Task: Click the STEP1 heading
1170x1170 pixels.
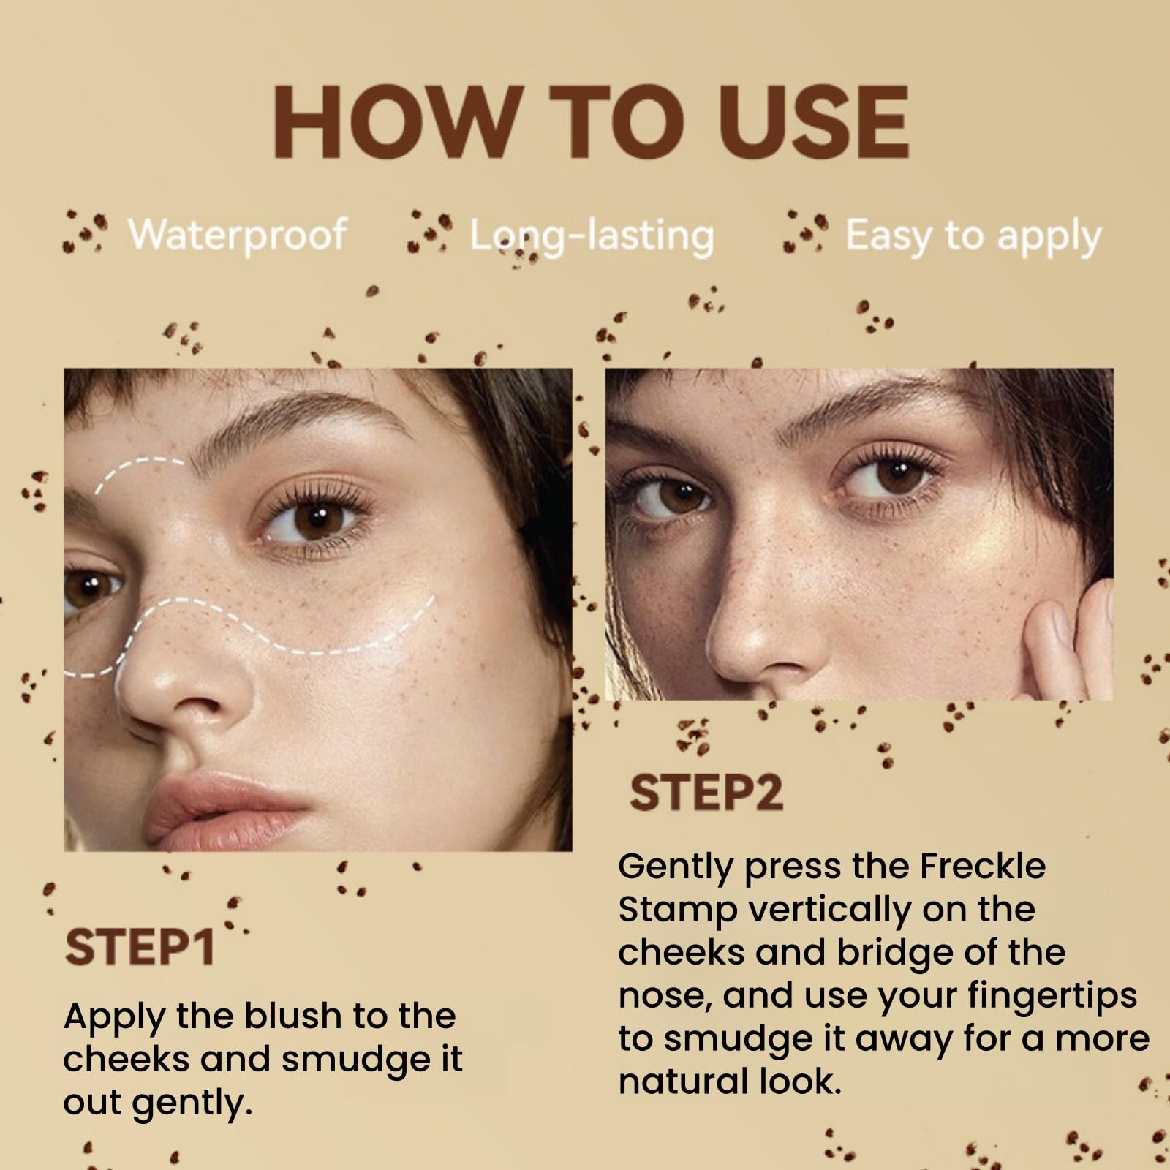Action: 139,947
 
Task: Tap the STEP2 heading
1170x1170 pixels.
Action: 706,793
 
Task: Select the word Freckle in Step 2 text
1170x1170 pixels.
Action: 982,866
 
